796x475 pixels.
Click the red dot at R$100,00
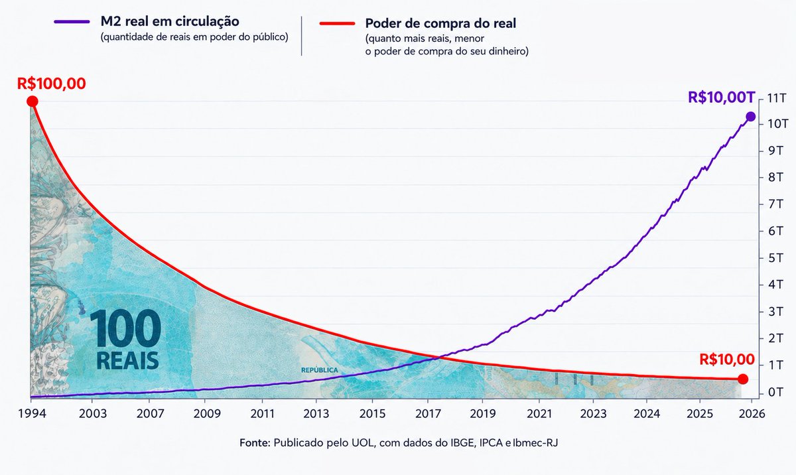(x=33, y=102)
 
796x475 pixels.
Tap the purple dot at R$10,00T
(x=750, y=117)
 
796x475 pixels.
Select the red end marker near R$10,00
(x=743, y=379)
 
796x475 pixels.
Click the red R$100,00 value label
(x=52, y=84)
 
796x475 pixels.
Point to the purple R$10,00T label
(x=721, y=98)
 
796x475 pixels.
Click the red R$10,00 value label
(x=727, y=360)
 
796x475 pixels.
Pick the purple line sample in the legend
(x=72, y=22)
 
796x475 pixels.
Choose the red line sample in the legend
(x=337, y=24)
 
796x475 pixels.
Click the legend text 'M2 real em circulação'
(x=170, y=21)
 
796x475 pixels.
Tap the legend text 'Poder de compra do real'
(x=440, y=23)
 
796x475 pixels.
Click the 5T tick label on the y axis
(x=775, y=257)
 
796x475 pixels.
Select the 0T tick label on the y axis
(x=775, y=392)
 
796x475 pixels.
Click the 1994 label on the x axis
(x=32, y=413)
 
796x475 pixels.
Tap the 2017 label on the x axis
(x=429, y=413)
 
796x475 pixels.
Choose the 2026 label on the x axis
(x=752, y=413)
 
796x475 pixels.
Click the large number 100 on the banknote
(x=125, y=328)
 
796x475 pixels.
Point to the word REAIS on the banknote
(x=127, y=361)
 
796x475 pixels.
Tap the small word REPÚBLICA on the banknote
(x=320, y=370)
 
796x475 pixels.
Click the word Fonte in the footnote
(x=255, y=442)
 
